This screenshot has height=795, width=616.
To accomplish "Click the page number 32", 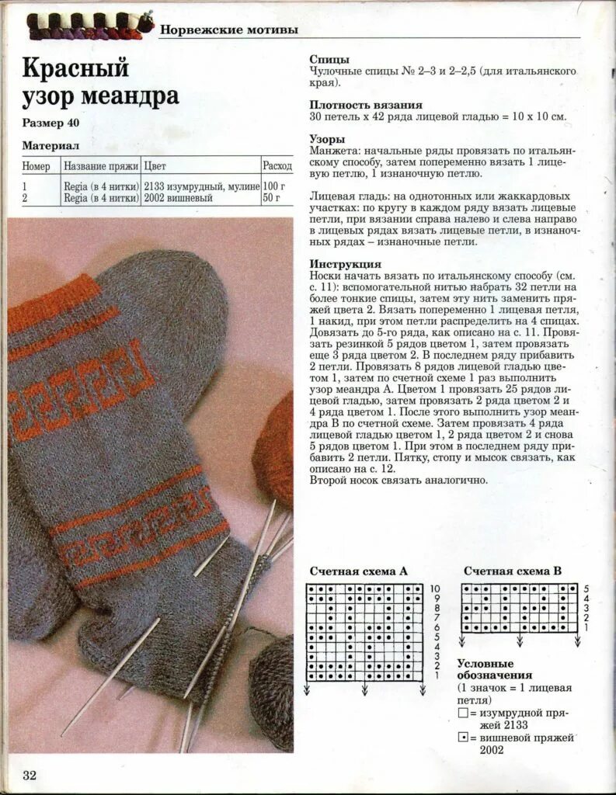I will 30,775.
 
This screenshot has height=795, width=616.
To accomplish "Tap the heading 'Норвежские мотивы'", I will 228,30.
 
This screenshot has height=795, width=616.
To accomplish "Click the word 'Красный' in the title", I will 75,68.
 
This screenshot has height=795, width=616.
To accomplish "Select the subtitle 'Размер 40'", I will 50,123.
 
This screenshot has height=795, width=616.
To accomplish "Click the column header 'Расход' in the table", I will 277,166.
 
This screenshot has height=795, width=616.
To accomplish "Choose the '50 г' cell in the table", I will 272,198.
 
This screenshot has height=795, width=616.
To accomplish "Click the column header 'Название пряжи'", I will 101,166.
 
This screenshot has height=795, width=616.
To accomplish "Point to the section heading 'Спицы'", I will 329,59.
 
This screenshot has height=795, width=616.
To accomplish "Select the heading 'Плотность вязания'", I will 366,105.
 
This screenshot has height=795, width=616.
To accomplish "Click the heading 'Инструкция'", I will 345,264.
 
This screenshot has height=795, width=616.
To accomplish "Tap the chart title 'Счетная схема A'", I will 358,571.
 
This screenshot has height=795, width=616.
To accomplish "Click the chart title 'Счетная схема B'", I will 513,571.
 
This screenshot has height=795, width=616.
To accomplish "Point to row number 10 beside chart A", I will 435,589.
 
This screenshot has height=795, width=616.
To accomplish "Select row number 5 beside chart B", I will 586,589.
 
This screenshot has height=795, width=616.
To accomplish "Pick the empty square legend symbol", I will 463,713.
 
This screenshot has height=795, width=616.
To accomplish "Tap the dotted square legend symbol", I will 463,737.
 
